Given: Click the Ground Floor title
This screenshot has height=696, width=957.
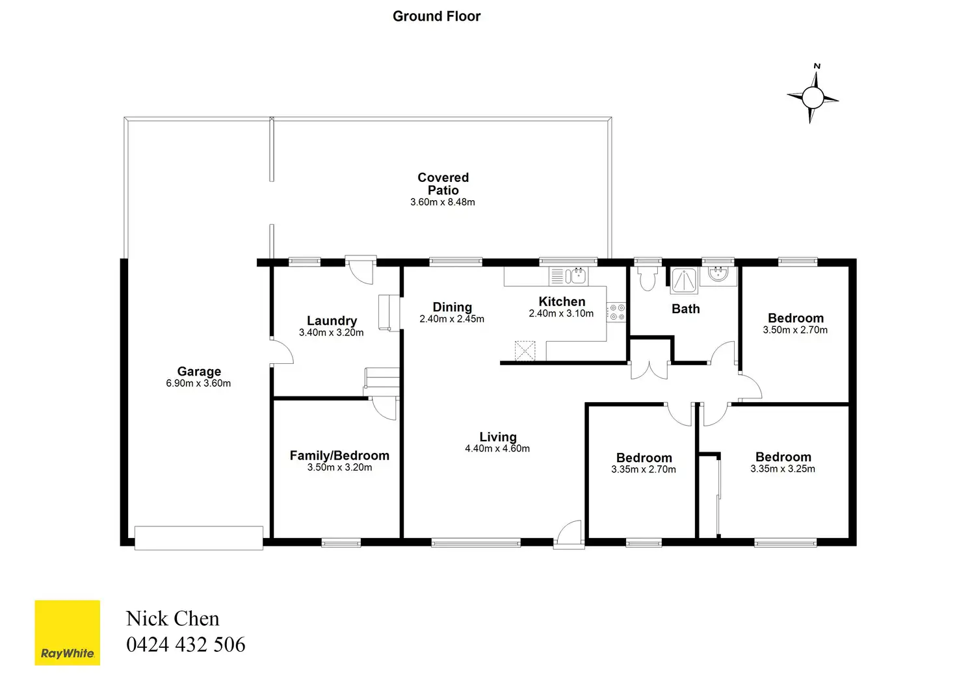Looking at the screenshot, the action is point(436,16).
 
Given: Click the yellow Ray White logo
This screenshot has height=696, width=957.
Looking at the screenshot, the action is point(68,632).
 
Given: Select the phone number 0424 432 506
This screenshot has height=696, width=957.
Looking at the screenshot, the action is point(186,644).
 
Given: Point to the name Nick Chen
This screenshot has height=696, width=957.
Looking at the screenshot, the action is point(172,618).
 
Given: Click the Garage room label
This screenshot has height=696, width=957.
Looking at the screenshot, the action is point(199,371).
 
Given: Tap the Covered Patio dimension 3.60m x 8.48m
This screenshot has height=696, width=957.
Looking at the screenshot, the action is point(443,202).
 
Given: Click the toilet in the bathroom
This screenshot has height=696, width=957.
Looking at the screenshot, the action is point(648,278).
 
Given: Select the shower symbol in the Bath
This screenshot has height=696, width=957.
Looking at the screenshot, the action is point(684,281).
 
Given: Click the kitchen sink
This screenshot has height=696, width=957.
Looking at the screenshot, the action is point(568,276).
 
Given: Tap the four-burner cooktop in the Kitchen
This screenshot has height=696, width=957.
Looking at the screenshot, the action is point(616,313).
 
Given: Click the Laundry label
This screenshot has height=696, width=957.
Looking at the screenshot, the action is point(332,320).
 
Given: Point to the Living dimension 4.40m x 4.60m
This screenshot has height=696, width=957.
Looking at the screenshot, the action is point(497,448).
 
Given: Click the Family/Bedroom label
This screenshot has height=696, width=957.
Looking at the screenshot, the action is point(339,455).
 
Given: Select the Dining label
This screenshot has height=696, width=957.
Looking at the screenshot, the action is point(452,307).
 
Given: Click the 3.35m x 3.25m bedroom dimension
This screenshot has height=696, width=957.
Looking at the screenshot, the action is point(783,469).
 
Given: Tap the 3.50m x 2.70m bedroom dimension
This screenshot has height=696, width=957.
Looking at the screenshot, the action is point(795,329).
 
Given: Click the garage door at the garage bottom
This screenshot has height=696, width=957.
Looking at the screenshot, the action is point(199,537).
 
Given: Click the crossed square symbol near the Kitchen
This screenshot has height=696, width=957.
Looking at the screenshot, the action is point(525,350).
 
